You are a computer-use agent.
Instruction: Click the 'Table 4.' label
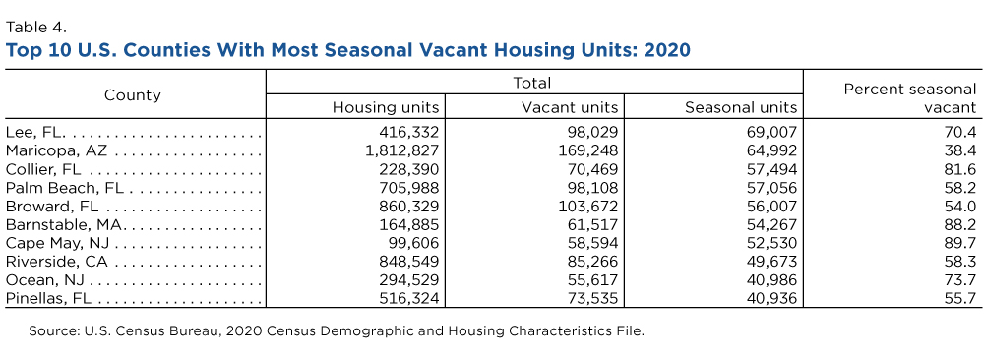(35, 27)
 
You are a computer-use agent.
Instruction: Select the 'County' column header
(133, 95)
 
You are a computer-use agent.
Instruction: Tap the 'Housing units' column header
(386, 107)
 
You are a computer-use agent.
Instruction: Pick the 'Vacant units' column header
(570, 107)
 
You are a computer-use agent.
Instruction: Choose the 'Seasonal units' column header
(741, 107)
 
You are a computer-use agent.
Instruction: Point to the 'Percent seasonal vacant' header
(910, 98)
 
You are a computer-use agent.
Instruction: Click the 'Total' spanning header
(532, 83)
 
